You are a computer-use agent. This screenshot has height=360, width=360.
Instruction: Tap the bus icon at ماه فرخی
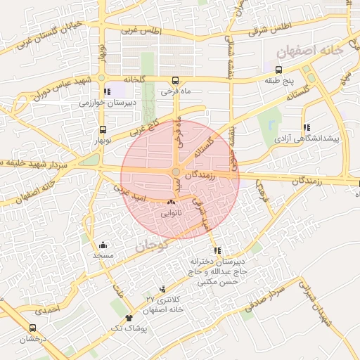tap(174, 80)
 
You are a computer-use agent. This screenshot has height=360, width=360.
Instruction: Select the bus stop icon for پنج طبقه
tap(279, 70)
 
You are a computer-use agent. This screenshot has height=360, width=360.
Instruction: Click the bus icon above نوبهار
tap(103, 129)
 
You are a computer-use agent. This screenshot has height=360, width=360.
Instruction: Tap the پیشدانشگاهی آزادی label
tap(307, 139)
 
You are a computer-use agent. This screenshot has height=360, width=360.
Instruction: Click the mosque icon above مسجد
tap(103, 245)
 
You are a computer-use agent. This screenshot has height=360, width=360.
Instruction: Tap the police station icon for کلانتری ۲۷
tap(163, 288)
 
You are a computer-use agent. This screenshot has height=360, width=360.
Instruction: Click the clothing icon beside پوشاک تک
tap(128, 319)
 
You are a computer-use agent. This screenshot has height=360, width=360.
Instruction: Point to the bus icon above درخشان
tap(32, 328)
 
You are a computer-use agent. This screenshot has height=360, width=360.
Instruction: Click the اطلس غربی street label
tap(141, 32)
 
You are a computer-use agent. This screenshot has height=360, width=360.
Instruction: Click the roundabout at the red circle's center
tap(176, 172)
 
